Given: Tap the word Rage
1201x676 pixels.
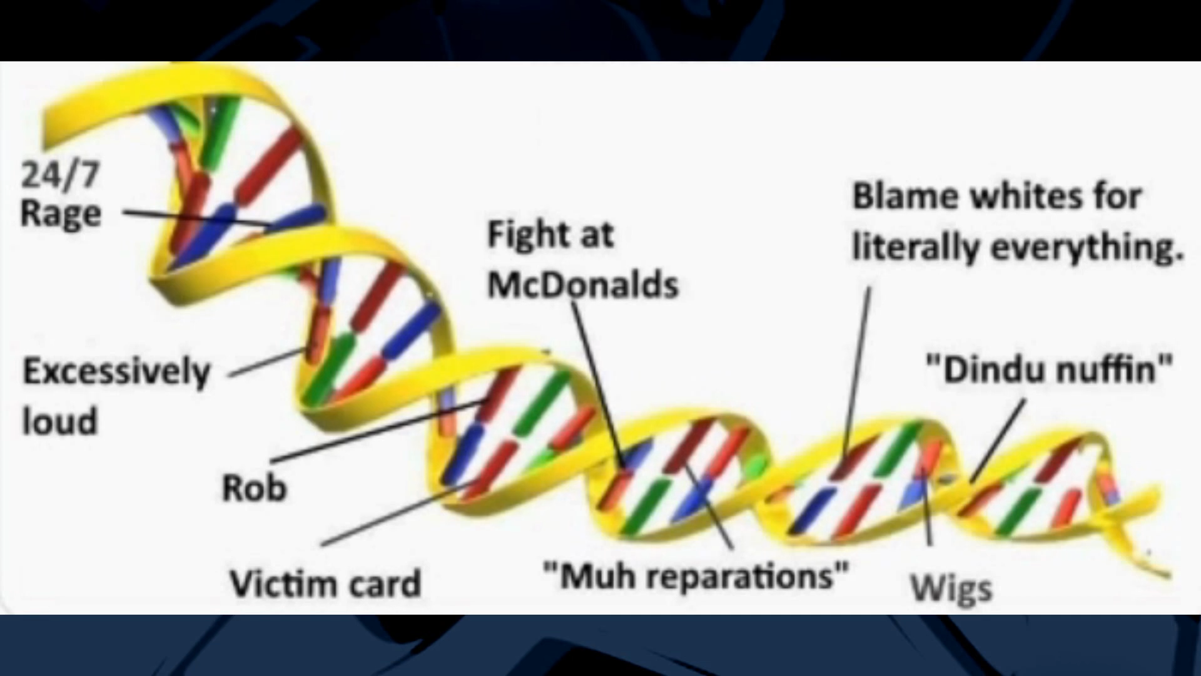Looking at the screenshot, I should pyautogui.click(x=61, y=214).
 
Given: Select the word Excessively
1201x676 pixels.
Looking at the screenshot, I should pyautogui.click(x=117, y=372).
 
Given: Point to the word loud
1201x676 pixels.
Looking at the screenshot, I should pyautogui.click(x=60, y=421).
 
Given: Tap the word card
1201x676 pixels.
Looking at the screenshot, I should pyautogui.click(x=385, y=583).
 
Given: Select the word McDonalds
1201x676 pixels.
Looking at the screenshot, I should pyautogui.click(x=582, y=285).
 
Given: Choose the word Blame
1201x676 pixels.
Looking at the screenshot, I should pyautogui.click(x=905, y=197).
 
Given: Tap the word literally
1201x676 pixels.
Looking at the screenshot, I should pyautogui.click(x=915, y=247).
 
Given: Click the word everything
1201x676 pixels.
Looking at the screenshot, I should pyautogui.click(x=1087, y=247).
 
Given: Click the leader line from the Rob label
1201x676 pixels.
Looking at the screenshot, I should pyautogui.click(x=375, y=430).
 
